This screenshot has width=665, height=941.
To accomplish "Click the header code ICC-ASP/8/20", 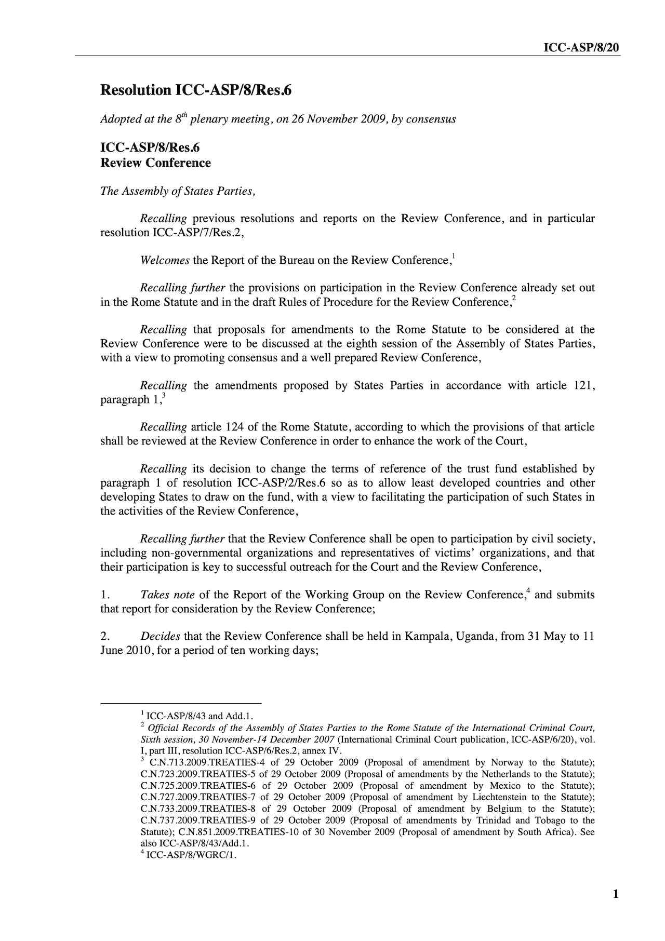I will click(x=581, y=48).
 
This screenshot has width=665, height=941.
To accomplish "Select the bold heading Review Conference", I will click(x=155, y=163).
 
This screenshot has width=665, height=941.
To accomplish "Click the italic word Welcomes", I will click(x=165, y=260).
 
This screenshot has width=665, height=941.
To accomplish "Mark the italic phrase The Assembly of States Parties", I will click(x=178, y=191).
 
